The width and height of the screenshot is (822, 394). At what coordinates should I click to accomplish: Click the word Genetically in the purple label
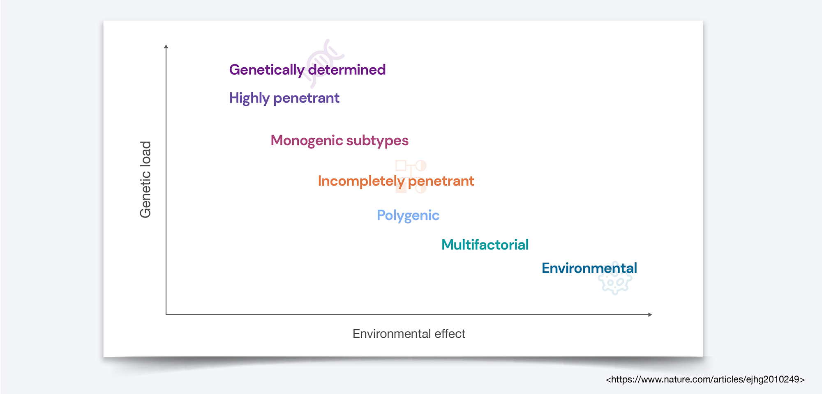(267, 70)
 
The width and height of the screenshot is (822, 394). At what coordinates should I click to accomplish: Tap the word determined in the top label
(347, 70)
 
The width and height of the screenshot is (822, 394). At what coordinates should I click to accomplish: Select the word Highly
(249, 98)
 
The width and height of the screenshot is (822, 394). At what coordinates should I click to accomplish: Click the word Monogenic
(307, 141)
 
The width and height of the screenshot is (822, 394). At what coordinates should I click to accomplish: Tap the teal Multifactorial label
(485, 245)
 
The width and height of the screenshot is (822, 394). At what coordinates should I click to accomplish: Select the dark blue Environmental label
(589, 268)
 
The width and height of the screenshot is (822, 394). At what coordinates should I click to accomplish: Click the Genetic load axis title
(145, 179)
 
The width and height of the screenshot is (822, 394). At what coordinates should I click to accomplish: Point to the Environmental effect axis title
(409, 334)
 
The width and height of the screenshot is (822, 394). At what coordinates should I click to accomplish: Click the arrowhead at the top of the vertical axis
(166, 46)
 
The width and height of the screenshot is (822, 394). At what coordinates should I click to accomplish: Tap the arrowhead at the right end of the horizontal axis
(650, 315)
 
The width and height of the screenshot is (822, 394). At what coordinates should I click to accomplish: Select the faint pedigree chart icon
(411, 176)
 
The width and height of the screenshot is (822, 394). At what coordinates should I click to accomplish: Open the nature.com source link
(705, 380)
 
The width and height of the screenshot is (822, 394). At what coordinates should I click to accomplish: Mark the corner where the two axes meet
(166, 315)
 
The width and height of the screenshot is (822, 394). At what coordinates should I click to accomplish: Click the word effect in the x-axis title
(450, 334)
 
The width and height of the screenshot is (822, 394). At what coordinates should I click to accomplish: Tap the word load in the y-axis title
(145, 153)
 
